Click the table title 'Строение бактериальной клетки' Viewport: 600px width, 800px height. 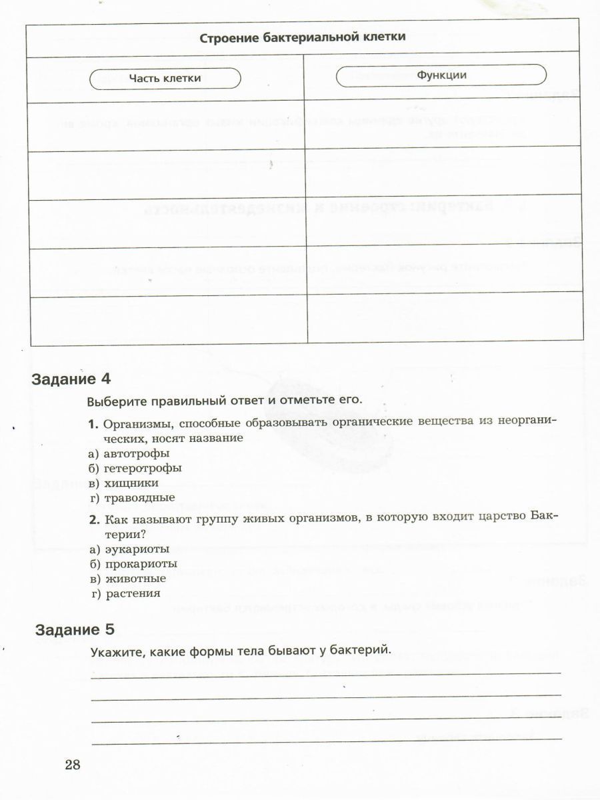tap(302, 37)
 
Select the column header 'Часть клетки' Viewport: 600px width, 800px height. tap(165, 78)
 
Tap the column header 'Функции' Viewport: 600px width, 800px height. tap(441, 75)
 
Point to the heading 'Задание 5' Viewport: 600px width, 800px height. tap(75, 629)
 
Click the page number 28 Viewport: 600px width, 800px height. tap(73, 764)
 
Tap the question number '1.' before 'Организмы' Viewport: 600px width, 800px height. tap(93, 424)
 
